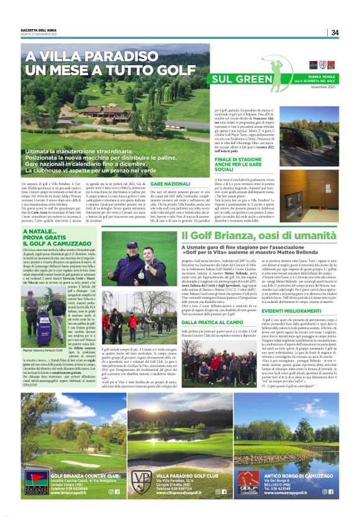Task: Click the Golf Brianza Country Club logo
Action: (34, 482)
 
